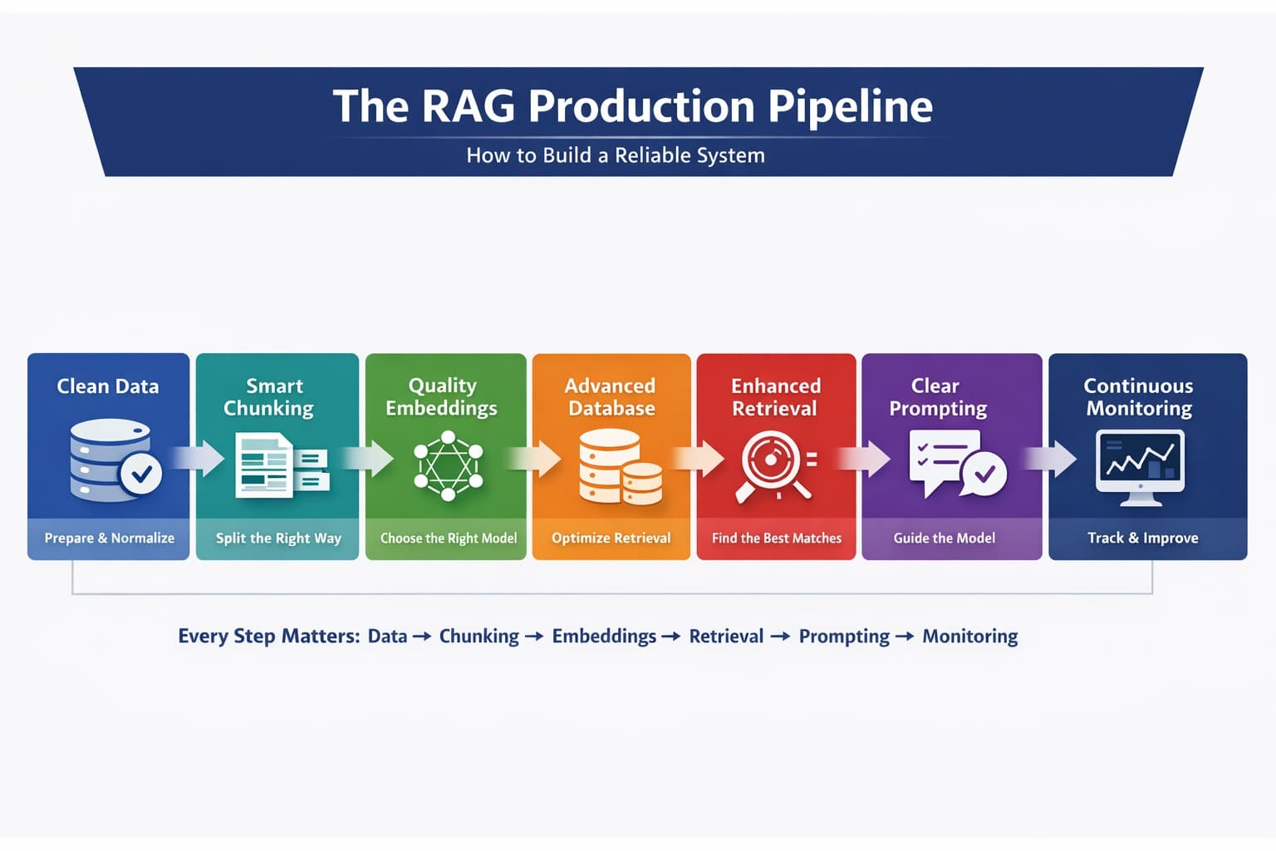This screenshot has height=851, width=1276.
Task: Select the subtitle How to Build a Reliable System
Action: (615, 155)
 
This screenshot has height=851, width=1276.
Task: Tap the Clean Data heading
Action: (108, 386)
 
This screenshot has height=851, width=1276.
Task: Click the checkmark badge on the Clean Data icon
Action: (141, 474)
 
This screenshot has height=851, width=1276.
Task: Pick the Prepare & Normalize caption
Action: (110, 538)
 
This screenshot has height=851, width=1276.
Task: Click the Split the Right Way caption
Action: (278, 538)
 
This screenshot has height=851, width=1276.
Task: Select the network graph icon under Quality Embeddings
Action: (448, 465)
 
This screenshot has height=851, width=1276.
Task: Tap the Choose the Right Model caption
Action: (449, 538)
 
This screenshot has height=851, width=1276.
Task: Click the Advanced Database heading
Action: (611, 397)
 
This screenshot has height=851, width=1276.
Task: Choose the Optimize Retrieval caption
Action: (611, 538)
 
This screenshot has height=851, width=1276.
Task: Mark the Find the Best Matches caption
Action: (777, 538)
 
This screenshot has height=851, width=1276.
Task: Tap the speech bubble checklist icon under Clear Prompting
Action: (955, 464)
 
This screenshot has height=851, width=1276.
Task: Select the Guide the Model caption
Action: (945, 538)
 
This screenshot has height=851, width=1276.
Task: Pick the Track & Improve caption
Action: (1143, 538)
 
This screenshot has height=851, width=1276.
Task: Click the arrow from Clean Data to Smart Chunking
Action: (199, 459)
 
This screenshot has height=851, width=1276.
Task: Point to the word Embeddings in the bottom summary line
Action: (604, 637)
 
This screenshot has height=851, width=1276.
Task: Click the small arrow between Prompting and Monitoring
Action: (905, 637)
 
